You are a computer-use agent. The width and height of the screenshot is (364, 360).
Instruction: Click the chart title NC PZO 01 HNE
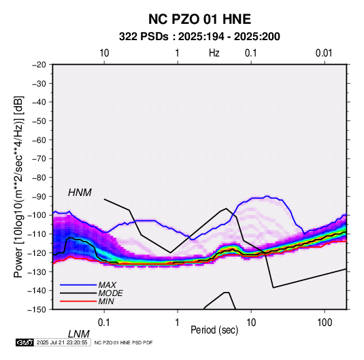click(x=199, y=19)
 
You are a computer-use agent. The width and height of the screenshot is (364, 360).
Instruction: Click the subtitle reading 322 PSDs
click(x=144, y=37)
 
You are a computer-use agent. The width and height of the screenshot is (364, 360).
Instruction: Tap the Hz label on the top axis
click(x=214, y=53)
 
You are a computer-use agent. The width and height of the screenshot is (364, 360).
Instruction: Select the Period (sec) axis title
click(x=214, y=330)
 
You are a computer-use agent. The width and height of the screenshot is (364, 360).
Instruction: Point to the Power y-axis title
click(x=18, y=186)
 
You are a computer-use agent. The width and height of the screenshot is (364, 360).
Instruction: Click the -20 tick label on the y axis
click(x=39, y=65)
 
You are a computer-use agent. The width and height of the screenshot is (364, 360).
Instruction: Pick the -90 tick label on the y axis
click(x=39, y=196)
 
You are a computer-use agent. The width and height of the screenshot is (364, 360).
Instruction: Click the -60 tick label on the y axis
click(x=39, y=140)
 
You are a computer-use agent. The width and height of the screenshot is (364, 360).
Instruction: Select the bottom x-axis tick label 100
click(x=325, y=323)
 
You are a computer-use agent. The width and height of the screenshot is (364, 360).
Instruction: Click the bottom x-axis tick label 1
click(x=178, y=323)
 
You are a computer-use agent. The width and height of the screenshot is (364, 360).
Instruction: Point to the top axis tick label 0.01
click(x=324, y=53)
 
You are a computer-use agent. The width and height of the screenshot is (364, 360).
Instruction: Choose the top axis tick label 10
click(x=104, y=53)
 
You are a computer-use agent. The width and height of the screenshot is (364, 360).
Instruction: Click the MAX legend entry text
click(x=107, y=285)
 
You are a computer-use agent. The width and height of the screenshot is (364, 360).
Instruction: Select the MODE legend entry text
click(x=110, y=293)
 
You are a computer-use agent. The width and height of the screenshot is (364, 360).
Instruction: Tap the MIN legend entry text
click(x=106, y=301)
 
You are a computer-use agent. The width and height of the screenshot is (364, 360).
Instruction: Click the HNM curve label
click(x=80, y=193)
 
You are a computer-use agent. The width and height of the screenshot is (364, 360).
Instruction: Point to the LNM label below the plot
click(x=79, y=334)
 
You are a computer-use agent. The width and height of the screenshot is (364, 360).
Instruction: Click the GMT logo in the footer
click(x=25, y=342)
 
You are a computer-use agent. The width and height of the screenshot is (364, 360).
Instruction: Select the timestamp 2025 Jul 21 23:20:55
click(x=62, y=342)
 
